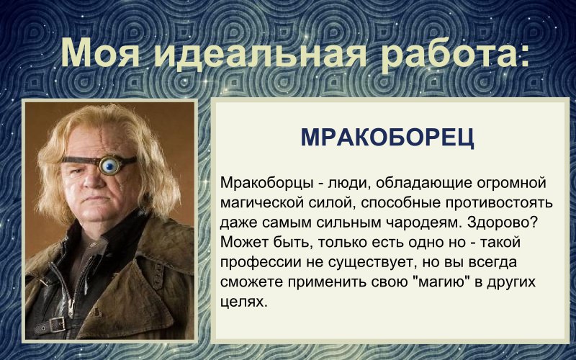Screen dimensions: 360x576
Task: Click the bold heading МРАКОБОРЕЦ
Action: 387,138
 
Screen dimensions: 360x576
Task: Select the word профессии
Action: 258,261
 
